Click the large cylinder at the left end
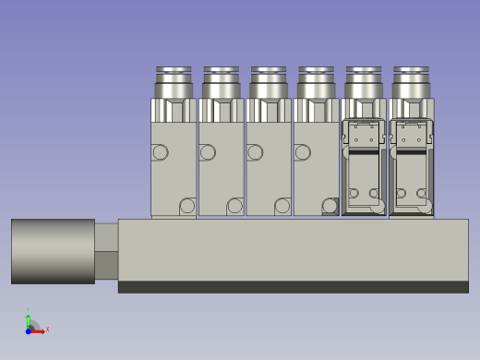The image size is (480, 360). [x=53, y=251]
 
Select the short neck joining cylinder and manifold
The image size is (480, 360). [x=106, y=250]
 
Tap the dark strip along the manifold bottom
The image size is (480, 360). [x=293, y=287]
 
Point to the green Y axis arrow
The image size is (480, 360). [x=28, y=316]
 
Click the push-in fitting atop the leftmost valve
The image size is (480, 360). [x=174, y=82]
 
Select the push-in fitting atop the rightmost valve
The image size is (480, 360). [x=411, y=82]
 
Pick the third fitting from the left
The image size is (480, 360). [x=269, y=82]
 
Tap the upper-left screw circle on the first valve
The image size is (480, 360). [x=160, y=152]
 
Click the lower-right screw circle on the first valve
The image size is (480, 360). [x=187, y=206]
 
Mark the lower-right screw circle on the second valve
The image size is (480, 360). [x=235, y=206]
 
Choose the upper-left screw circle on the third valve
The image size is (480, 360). [x=255, y=152]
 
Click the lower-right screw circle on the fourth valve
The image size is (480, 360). [x=330, y=206]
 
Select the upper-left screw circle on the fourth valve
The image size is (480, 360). [x=302, y=152]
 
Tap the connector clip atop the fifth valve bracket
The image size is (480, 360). [x=364, y=132]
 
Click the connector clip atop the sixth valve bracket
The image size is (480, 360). [x=411, y=132]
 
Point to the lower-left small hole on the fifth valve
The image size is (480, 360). [x=354, y=194]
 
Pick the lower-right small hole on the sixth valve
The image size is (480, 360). [x=422, y=194]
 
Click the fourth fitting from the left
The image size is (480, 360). [x=316, y=82]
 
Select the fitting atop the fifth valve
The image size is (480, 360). [x=364, y=82]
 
